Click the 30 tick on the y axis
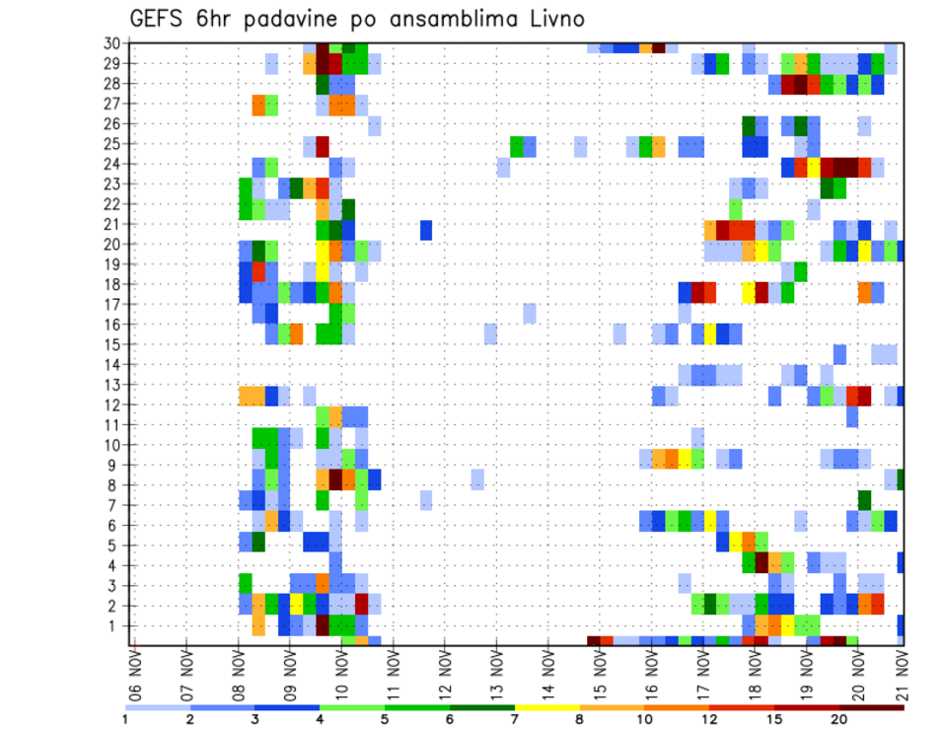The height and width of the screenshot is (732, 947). [112, 43]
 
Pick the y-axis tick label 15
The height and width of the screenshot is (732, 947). [112, 344]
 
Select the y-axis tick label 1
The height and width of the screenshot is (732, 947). [116, 625]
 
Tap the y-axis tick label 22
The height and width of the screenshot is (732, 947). [112, 204]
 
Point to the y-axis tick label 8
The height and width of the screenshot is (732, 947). [116, 485]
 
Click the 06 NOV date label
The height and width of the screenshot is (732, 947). [135, 674]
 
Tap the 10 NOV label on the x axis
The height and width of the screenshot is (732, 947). [341, 674]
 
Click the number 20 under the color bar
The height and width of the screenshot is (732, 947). [839, 719]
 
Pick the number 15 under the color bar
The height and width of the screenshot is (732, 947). [774, 719]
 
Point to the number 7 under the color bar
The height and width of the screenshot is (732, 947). [515, 719]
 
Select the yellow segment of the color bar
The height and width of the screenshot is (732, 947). [546, 706]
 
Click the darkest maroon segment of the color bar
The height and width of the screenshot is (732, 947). [872, 706]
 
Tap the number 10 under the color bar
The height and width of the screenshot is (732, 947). [644, 719]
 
